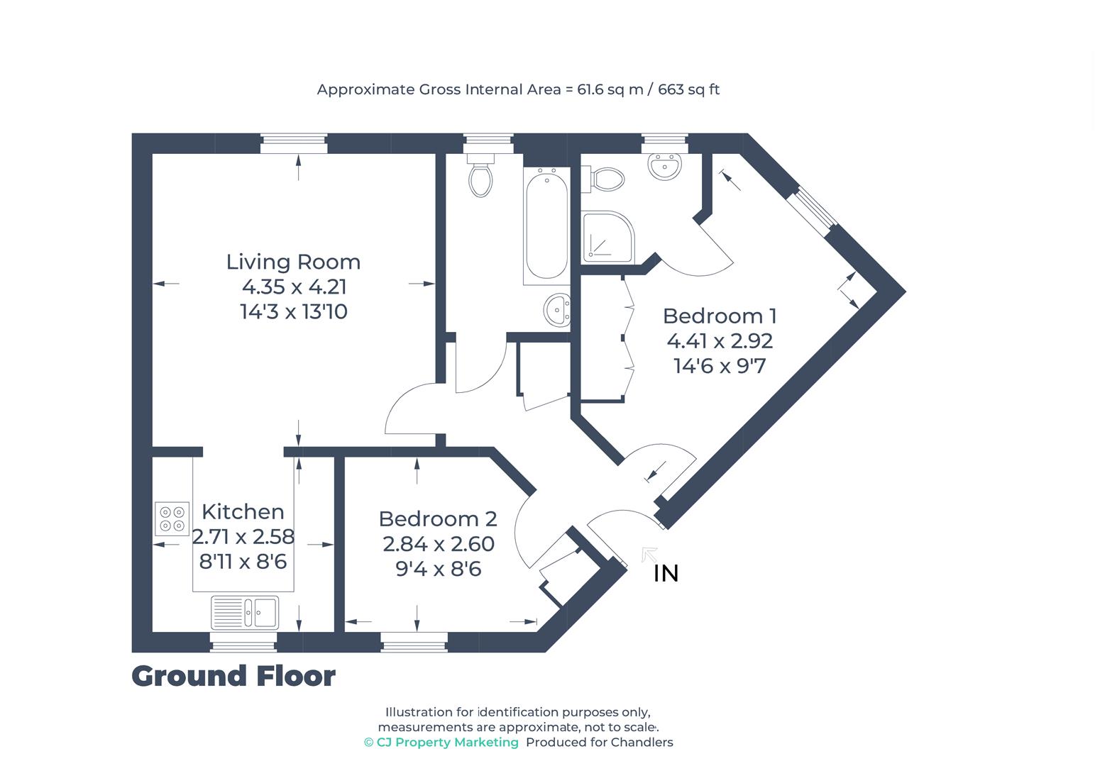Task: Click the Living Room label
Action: coord(293,262)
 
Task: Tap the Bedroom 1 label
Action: coord(720,316)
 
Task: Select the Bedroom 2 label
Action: coord(437,519)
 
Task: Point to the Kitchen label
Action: coord(243,511)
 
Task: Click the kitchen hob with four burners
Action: coord(172,518)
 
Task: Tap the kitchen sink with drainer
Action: coord(245,612)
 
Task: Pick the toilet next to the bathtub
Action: coord(481,178)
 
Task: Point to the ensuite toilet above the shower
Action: coord(605,179)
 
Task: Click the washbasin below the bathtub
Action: coord(557,310)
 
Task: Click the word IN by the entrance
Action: coord(666,573)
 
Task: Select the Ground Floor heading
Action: coord(233,676)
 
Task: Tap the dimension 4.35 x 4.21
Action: coord(294,287)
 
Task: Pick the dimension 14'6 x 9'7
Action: coord(720,366)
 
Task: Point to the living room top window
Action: coord(294,144)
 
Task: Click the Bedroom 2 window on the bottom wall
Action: coord(414,643)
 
